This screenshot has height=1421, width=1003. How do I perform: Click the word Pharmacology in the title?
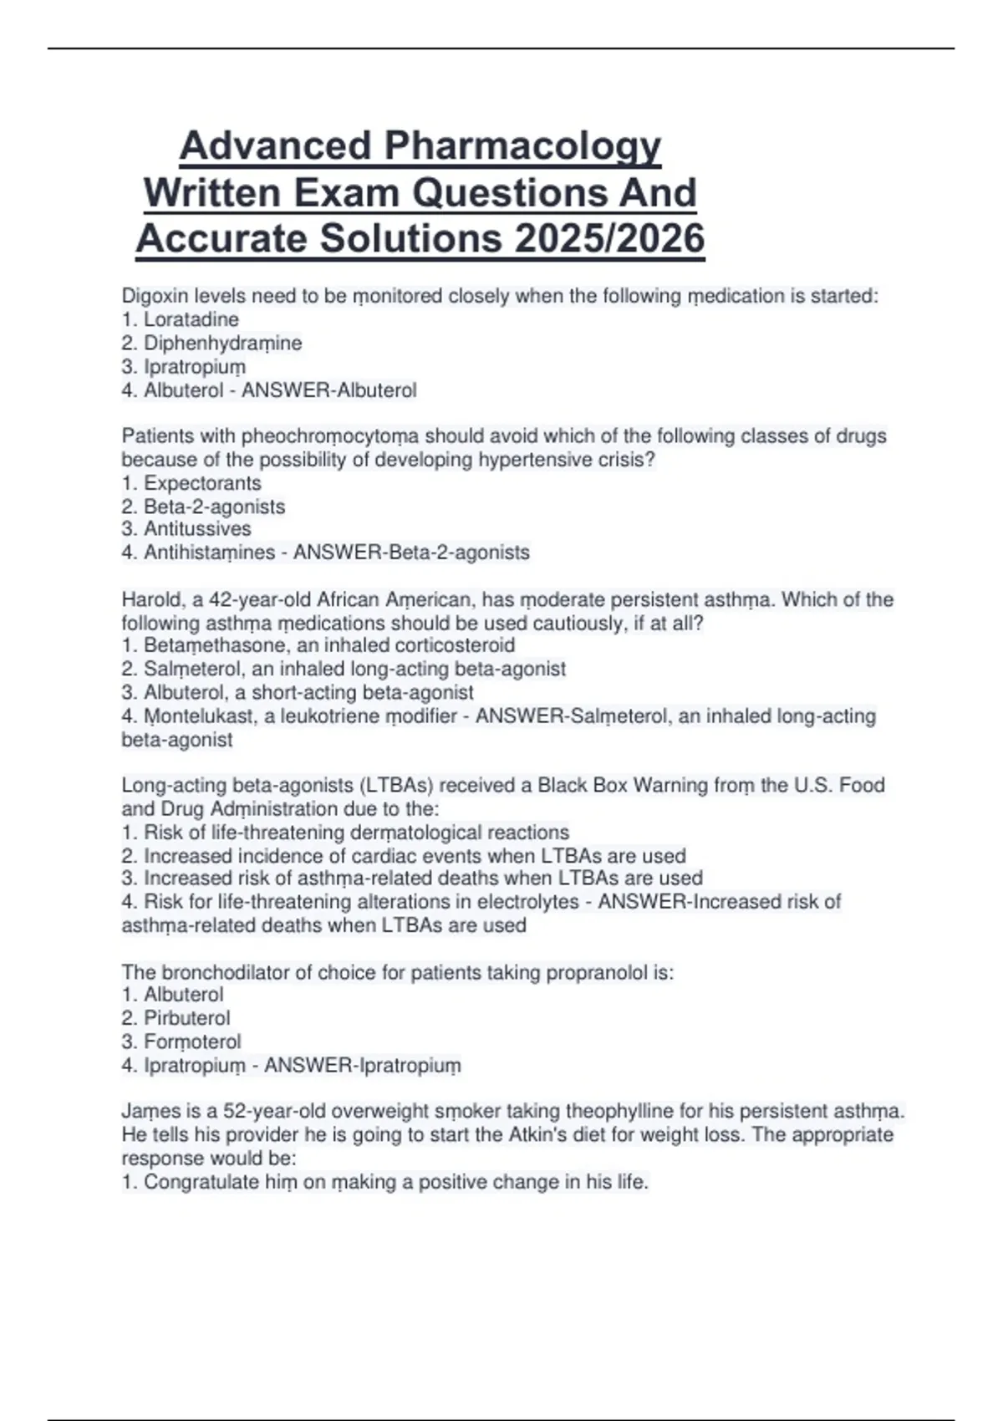click(522, 146)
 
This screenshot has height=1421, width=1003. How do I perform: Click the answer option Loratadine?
click(191, 319)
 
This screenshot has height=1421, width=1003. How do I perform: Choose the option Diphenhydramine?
click(222, 343)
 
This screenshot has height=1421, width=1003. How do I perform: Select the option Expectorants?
click(202, 483)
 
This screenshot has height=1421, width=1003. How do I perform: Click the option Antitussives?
click(197, 529)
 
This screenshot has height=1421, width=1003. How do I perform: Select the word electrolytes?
click(527, 902)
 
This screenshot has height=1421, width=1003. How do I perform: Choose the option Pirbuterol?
click(186, 1018)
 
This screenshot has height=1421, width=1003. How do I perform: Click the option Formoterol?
click(192, 1042)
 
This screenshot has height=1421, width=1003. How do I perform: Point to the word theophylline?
click(619, 1112)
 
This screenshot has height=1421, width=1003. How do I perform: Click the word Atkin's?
click(544, 1135)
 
